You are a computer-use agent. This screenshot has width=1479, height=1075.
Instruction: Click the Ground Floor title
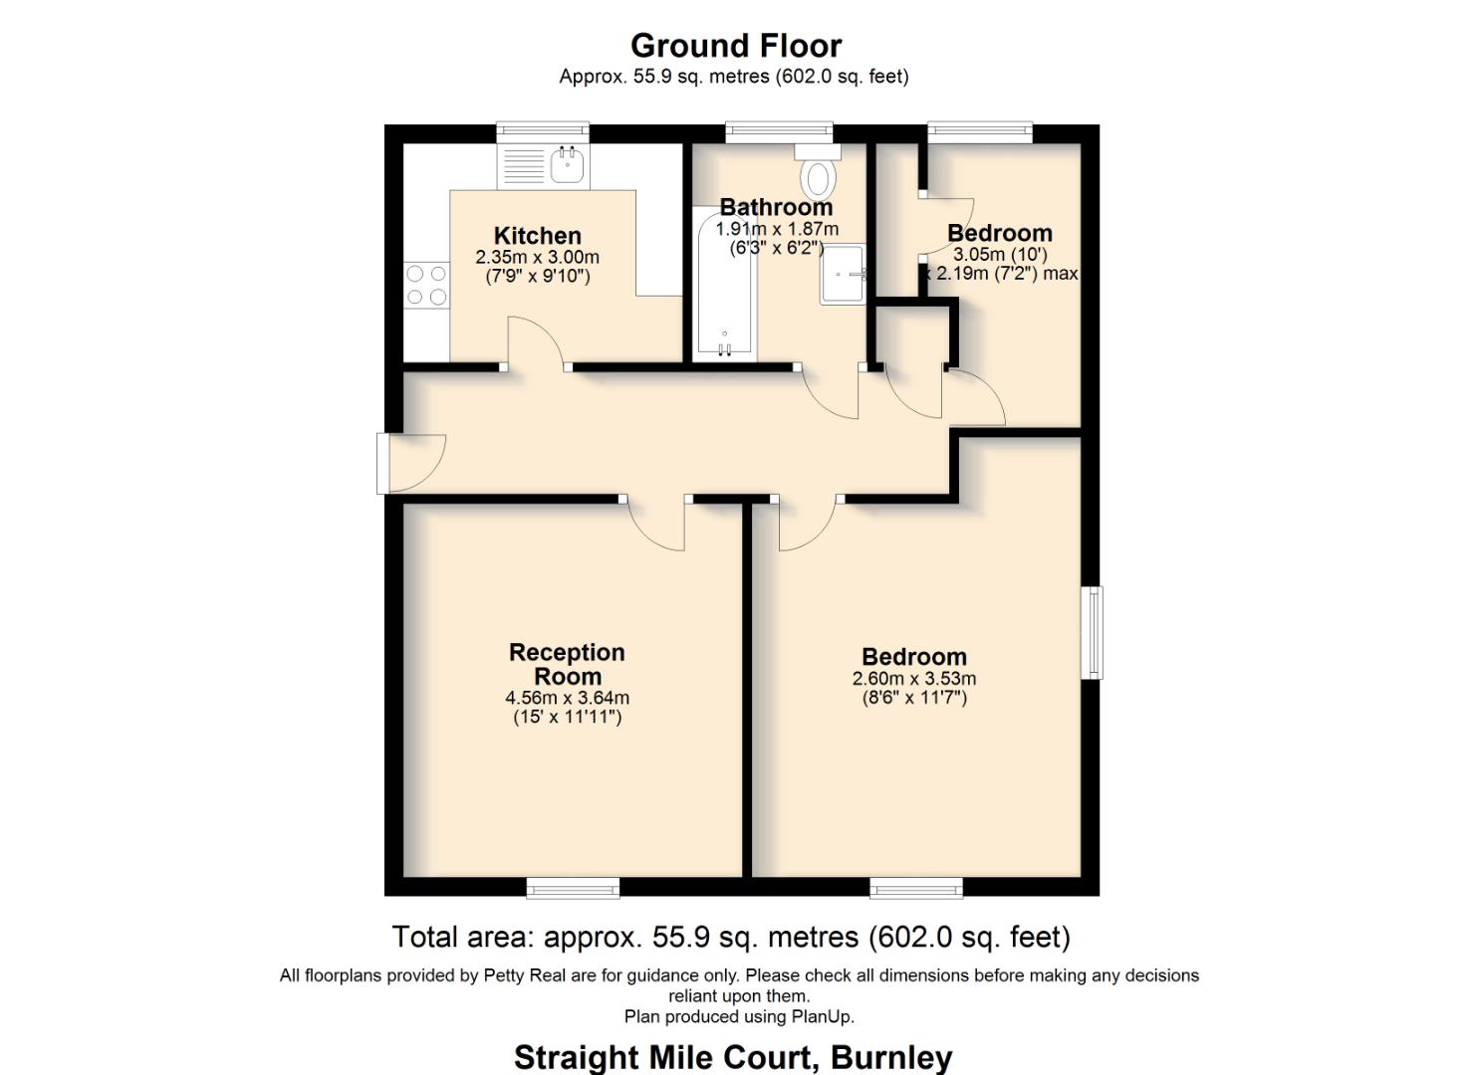(x=736, y=46)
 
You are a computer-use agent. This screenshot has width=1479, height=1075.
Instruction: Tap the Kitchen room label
(x=537, y=236)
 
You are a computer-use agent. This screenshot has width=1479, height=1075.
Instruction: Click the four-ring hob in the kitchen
(x=426, y=285)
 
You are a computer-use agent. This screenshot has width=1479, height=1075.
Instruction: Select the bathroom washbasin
(x=843, y=274)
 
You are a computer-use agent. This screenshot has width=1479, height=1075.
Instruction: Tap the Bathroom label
(x=776, y=207)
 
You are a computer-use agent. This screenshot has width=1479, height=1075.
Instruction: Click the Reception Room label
(x=567, y=664)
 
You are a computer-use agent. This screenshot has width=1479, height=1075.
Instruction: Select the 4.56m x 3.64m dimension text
(x=567, y=698)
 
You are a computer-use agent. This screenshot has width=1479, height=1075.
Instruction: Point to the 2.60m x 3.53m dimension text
(x=913, y=679)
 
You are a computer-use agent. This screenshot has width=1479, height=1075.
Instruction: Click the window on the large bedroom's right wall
(x=1094, y=633)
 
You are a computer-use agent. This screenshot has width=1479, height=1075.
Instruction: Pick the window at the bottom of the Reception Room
(x=573, y=888)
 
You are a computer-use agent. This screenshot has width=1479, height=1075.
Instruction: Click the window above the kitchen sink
(x=543, y=133)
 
